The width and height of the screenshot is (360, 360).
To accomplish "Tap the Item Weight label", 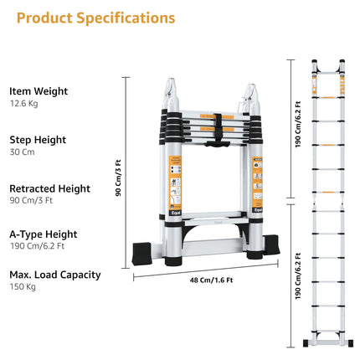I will pyautogui.click(x=39, y=91).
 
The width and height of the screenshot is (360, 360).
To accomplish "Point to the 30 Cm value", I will pyautogui.click(x=23, y=152).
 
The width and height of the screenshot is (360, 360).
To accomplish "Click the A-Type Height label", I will pyautogui.click(x=44, y=234).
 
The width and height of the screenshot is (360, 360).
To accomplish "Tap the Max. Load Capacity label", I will pyautogui.click(x=55, y=275).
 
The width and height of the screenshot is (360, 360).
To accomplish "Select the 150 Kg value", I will pyautogui.click(x=23, y=287).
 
